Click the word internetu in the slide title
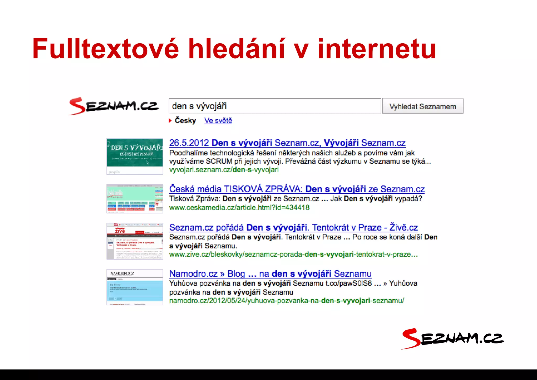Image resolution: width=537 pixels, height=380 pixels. click(x=377, y=49)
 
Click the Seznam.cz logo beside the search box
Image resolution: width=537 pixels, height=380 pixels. click(x=114, y=106)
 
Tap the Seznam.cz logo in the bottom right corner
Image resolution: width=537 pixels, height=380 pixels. click(x=452, y=339)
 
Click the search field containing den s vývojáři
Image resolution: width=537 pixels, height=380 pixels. click(x=275, y=106)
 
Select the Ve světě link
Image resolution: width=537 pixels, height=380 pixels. click(x=218, y=121)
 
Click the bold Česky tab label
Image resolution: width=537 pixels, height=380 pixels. click(x=185, y=121)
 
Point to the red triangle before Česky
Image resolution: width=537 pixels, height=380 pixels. click(x=170, y=121)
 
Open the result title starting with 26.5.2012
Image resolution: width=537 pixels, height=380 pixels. click(x=287, y=143)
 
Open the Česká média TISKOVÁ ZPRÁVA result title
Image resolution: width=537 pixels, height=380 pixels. click(x=297, y=189)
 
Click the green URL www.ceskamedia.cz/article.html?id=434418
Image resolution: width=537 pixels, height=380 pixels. click(x=239, y=208)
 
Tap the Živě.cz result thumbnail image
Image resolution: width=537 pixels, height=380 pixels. click(x=135, y=241)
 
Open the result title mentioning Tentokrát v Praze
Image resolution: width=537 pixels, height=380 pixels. click(x=293, y=227)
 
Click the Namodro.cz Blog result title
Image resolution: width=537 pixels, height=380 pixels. click(x=270, y=274)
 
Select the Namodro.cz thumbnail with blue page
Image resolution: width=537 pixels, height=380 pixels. click(x=135, y=287)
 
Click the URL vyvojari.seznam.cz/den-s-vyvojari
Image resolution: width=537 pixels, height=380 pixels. click(x=224, y=170)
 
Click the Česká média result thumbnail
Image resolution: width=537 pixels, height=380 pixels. click(x=135, y=199)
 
